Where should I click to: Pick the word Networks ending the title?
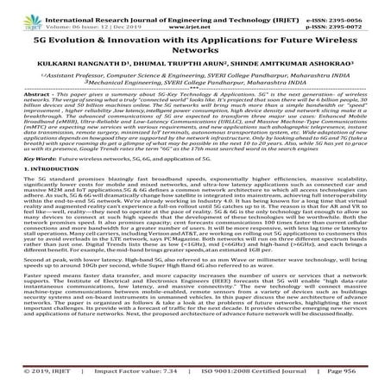click(x=195, y=54)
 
